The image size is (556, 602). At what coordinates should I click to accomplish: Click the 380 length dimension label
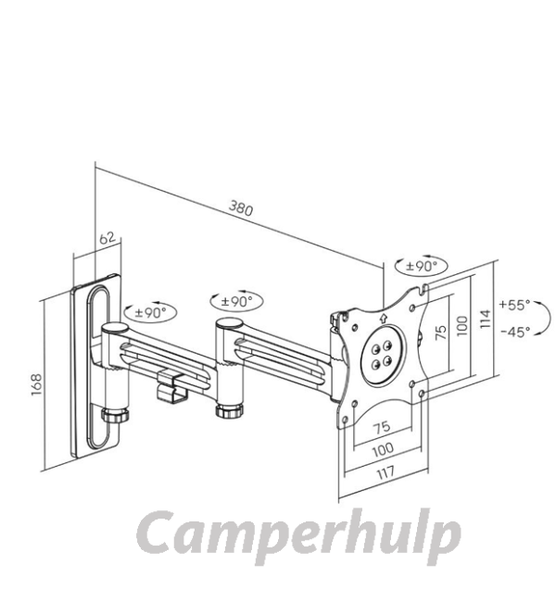tap(241, 207)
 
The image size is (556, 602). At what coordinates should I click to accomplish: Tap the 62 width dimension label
tap(107, 238)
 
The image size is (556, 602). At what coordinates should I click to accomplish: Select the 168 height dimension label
tap(36, 384)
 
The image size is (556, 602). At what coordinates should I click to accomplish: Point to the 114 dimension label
tap(486, 319)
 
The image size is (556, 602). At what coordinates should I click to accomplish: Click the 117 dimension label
tap(385, 472)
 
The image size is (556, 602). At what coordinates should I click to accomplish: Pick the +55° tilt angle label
tap(514, 305)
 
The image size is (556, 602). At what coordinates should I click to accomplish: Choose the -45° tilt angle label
tap(515, 332)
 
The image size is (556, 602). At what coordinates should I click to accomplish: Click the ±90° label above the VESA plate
tap(422, 266)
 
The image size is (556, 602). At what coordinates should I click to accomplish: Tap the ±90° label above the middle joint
tap(236, 301)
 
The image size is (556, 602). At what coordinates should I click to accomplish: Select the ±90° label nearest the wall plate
tap(150, 312)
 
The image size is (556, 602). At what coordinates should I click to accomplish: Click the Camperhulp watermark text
tap(298, 534)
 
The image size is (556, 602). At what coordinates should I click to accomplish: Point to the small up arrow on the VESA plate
tap(383, 318)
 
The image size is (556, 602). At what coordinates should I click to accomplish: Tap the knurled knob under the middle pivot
tap(229, 410)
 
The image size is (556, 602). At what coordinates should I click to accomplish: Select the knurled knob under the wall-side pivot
tap(115, 415)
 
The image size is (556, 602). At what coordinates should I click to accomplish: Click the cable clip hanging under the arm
tap(171, 386)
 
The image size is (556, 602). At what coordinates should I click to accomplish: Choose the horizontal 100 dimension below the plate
tap(383, 449)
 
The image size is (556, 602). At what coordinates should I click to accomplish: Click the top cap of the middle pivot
tap(229, 323)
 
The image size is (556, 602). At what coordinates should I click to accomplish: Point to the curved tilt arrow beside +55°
tap(544, 317)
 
